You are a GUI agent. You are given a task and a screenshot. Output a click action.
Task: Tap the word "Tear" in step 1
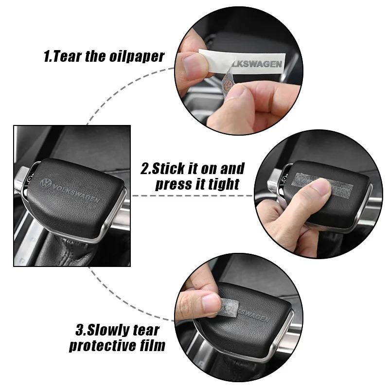coord(66,56)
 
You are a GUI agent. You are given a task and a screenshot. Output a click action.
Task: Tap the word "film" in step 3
coord(153,346)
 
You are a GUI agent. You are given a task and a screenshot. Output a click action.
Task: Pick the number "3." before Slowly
coord(81,331)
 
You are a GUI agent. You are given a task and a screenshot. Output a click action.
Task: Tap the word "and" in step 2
coord(232,169)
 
